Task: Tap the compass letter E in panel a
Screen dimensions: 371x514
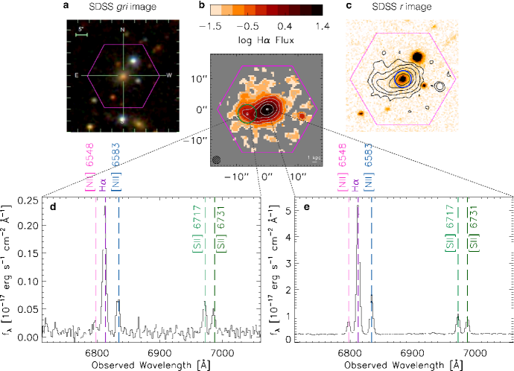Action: pos(77,75)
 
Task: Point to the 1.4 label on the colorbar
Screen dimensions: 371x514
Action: pos(314,25)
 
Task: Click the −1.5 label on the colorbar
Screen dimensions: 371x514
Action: pos(214,25)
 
